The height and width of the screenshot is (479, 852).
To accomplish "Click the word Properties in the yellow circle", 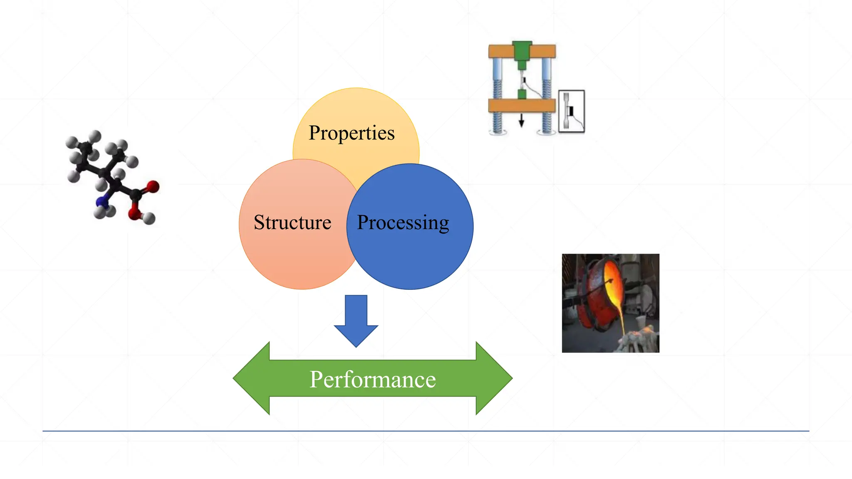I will click(352, 133).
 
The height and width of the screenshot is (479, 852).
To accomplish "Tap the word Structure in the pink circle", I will click(292, 222).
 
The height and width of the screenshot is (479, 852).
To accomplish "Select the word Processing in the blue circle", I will click(403, 222).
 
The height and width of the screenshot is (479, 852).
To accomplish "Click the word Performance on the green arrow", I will click(372, 379).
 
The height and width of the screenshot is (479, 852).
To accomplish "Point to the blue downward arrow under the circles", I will click(356, 320).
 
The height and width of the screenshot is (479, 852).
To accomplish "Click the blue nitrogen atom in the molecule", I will click(102, 202).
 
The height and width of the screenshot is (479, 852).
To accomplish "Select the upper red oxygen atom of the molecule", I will click(153, 186).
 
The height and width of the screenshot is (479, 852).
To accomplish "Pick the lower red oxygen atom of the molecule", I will click(135, 214).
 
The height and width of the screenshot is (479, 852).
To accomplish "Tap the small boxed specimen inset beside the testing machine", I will click(571, 111).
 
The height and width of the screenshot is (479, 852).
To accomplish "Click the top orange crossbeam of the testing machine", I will click(501, 51).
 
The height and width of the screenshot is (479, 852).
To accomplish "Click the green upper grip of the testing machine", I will click(522, 52).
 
